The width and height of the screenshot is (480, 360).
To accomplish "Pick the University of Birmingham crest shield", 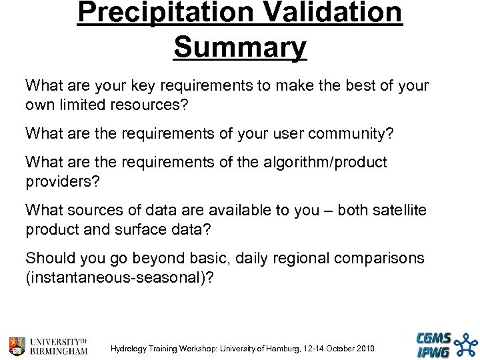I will [x=17, y=345].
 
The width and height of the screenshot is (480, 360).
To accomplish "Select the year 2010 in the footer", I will [x=365, y=349].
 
